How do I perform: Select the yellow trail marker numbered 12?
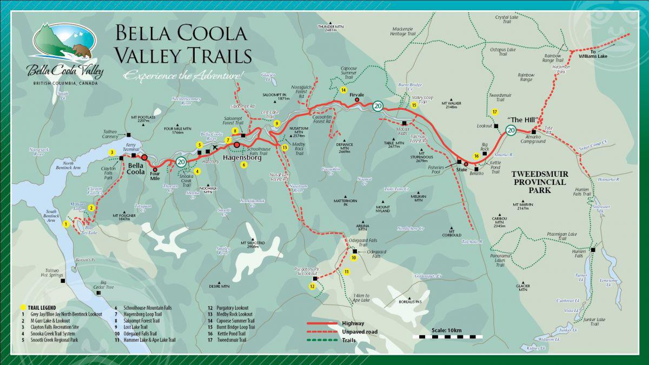point(312,287)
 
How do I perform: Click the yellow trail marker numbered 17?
point(494,112)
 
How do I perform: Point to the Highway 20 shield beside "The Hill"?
point(511,129)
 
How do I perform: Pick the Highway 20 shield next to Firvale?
point(378,106)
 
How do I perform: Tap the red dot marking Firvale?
point(357,99)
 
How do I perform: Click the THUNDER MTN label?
point(331,28)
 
